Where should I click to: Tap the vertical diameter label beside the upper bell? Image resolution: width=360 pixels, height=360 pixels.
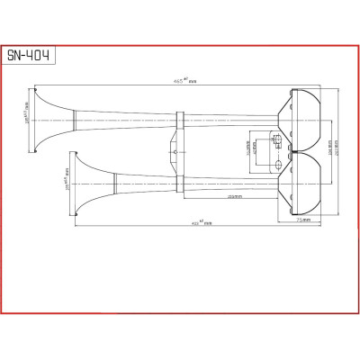coord(28,115)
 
